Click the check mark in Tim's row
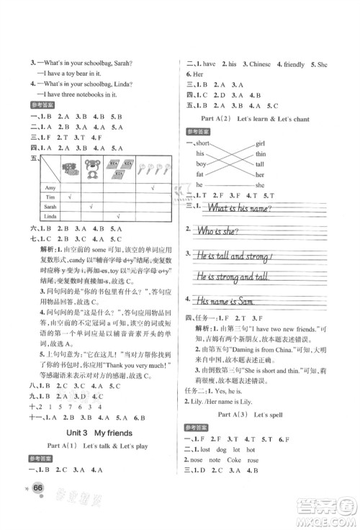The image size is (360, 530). [x=69, y=197]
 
